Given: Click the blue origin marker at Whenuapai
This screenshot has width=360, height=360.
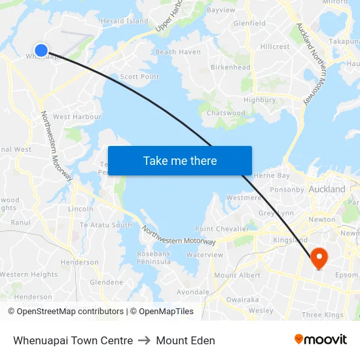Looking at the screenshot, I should click(41, 50).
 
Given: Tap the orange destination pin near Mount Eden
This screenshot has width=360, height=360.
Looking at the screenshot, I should click(319, 257).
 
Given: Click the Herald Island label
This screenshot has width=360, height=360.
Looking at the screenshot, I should click(124, 21).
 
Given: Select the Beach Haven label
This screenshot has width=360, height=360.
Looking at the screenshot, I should click(178, 52).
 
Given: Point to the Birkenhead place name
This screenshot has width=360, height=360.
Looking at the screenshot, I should click(230, 67).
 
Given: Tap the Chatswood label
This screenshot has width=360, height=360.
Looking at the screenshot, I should click(226, 113).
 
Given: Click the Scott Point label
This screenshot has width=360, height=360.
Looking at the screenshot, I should click(139, 77).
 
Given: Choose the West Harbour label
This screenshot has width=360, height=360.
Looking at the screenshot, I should click(77, 117).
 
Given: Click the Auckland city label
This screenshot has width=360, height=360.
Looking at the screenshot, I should click(327, 189).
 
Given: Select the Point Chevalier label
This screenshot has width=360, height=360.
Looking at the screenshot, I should click(222, 229).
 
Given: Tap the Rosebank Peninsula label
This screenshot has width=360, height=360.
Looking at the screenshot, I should click(154, 257).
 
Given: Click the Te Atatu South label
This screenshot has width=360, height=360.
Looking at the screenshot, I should click(105, 225).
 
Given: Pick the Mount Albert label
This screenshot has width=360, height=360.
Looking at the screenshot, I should click(237, 276).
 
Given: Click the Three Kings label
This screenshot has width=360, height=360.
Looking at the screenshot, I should click(323, 315).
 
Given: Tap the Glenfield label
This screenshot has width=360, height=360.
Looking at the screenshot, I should click(249, 23).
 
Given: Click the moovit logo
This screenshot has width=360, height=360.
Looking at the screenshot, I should click(321, 339).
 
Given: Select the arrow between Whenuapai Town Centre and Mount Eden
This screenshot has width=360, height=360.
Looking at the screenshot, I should click(144, 340).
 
